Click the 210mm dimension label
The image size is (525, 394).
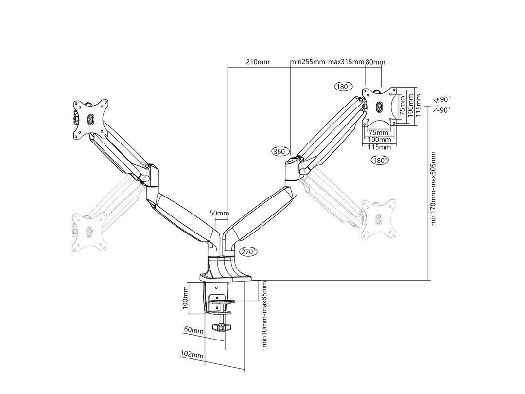point(258,62)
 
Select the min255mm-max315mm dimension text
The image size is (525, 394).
point(327,62)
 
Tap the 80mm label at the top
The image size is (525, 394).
point(375,62)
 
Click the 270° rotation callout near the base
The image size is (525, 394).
point(248,251)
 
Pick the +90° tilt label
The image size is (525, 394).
point(443,99)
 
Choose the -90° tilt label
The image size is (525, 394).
point(443,110)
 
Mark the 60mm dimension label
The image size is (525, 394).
point(193,330)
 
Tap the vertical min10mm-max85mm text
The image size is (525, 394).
point(265,314)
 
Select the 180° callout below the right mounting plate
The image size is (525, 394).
point(380,160)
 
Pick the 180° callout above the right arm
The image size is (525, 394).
point(343,87)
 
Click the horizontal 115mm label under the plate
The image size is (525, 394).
point(379,147)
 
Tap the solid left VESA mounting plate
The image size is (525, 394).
point(90,119)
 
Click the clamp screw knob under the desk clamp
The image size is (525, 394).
point(223,327)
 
